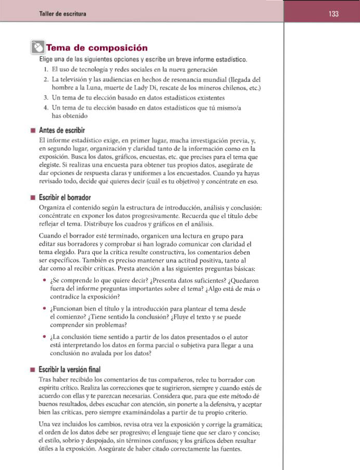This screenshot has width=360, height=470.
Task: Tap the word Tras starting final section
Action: tap(46, 379)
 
